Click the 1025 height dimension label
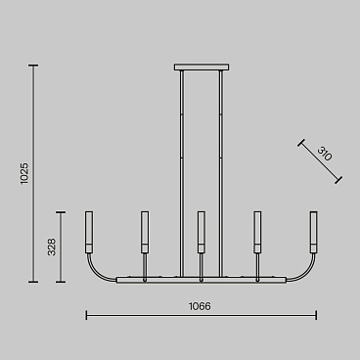24,174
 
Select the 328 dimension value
52,247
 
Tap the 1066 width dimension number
200,306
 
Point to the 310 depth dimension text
325,154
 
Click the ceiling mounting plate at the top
202,67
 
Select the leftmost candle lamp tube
89,232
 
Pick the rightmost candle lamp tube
314,232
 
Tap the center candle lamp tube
202,232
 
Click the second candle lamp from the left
145,232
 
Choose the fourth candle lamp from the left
257,232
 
